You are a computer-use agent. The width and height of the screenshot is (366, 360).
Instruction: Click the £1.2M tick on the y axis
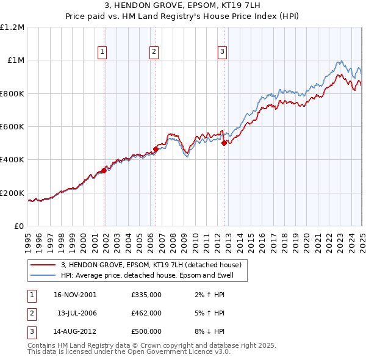(x=12, y=27)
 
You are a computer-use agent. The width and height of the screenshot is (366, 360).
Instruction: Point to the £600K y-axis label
(x=12, y=127)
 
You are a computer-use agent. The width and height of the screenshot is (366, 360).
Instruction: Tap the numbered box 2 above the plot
(x=154, y=52)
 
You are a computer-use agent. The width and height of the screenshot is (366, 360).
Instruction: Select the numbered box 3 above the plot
(x=223, y=52)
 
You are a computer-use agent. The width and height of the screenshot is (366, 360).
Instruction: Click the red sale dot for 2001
(x=104, y=171)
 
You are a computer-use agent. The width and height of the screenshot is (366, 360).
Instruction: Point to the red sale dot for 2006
(x=156, y=148)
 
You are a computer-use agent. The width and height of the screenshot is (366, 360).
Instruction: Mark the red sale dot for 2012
(x=224, y=143)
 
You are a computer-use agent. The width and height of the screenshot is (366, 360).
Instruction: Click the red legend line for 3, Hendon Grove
(x=43, y=265)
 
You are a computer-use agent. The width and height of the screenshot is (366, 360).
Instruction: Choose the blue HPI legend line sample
(x=43, y=275)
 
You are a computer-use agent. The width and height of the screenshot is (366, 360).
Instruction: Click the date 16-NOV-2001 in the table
(x=75, y=294)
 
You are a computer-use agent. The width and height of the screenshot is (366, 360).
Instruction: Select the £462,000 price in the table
(x=146, y=312)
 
